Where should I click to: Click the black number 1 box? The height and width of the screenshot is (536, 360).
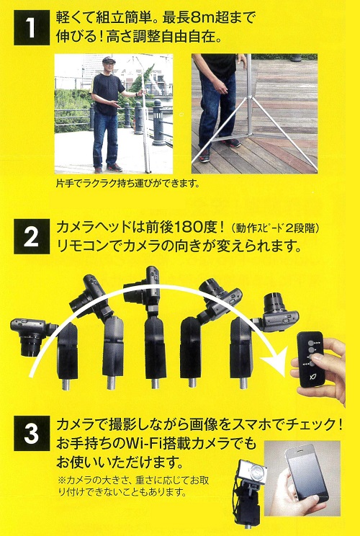point(32,27)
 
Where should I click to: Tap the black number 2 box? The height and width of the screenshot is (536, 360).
point(32,236)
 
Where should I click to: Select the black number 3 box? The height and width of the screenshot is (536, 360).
point(32,434)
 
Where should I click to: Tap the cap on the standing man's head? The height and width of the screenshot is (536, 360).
point(109,60)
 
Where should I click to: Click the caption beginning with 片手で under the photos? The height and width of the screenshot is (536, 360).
point(127,184)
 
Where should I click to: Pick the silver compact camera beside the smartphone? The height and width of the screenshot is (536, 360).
point(252,473)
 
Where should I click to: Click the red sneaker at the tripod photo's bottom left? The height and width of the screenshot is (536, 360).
point(204,155)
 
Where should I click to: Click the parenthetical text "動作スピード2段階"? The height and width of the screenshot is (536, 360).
point(275,228)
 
